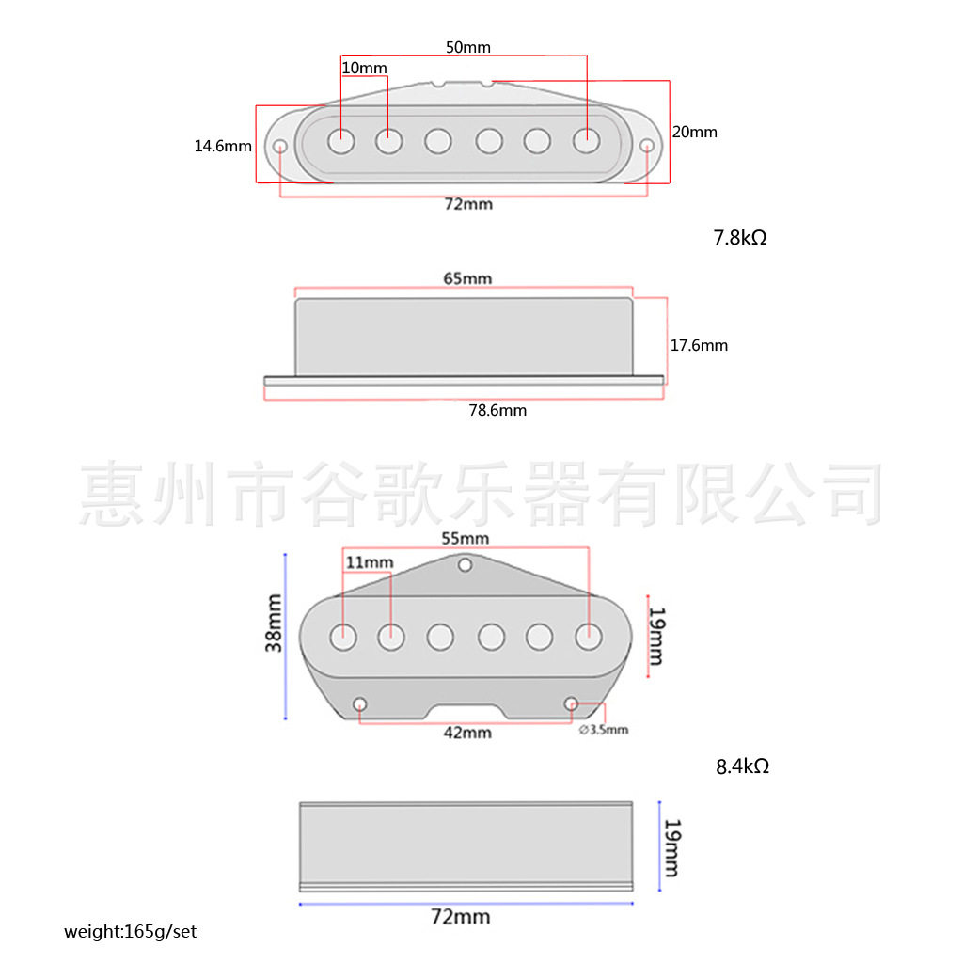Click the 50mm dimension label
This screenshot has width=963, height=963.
[467, 47]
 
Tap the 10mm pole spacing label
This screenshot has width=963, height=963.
[364, 69]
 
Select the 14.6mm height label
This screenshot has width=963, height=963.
[223, 146]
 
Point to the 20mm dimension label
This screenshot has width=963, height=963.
[695, 132]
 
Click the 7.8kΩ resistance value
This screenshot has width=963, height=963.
[740, 238]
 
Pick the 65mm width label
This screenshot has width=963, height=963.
[467, 278]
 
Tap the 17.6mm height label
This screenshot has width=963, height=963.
[699, 345]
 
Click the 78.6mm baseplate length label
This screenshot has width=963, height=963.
[497, 410]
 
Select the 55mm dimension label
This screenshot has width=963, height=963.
[466, 538]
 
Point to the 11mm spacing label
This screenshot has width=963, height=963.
[370, 562]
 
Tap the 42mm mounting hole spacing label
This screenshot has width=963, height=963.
[467, 732]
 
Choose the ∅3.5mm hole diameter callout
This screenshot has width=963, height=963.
[603, 730]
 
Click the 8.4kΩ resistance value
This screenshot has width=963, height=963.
[742, 766]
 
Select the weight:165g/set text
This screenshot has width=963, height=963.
[131, 932]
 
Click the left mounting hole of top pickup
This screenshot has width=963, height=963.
[280, 147]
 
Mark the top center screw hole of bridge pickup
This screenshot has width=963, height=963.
[465, 565]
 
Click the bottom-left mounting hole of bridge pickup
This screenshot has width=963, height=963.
[360, 704]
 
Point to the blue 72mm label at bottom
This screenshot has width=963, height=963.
[460, 916]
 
